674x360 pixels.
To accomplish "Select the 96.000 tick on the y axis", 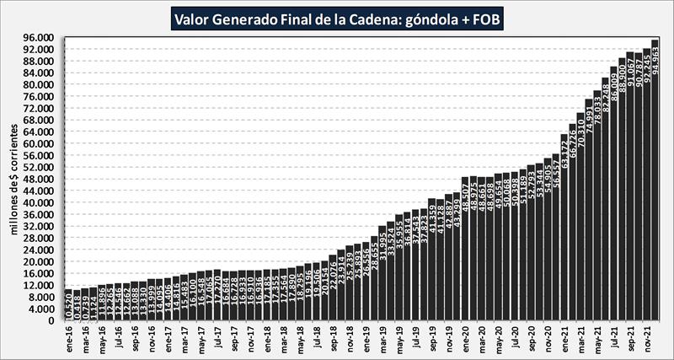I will coord(40,38).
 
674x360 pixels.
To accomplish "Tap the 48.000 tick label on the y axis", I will coord(40,180).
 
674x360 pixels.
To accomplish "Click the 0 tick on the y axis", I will coord(51,321).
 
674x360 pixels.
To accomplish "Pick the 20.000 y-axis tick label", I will coord(40,262).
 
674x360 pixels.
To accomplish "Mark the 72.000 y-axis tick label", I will coord(40,109).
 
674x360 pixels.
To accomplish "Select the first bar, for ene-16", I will coord(69,305).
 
